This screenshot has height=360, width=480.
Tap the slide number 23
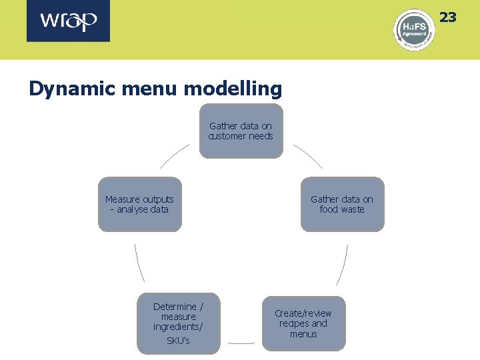[x=447, y=17]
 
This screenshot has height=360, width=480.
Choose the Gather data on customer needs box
[x=241, y=131]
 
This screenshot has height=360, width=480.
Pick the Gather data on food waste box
[x=342, y=204]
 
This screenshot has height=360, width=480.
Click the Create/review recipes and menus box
[x=303, y=323]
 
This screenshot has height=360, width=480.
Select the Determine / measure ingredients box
[x=178, y=323]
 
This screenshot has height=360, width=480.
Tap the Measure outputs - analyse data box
[x=139, y=204]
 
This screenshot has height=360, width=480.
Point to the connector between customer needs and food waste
[x=307, y=157]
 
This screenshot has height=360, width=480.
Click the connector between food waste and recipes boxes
[x=342, y=264]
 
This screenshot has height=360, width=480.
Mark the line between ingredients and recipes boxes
[x=241, y=343]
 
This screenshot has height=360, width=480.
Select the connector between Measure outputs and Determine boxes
[x=139, y=263]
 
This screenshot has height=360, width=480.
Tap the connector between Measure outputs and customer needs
[x=175, y=157]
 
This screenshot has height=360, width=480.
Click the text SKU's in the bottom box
[x=178, y=341]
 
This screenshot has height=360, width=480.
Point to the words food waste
[x=342, y=209]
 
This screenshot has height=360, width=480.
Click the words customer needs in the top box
[x=241, y=136]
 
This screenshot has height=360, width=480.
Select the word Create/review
[x=303, y=313]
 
